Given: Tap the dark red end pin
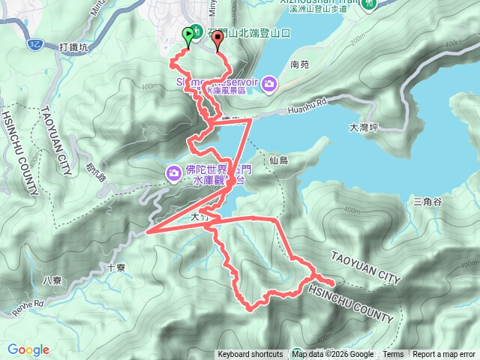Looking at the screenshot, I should tap(218, 40).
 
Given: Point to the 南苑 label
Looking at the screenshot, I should tap(298, 65).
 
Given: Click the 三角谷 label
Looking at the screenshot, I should tap(427, 202).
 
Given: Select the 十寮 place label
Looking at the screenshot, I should tap(117, 265).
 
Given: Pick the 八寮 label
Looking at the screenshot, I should tap(52, 280).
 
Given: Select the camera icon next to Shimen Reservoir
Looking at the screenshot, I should tap(269, 84).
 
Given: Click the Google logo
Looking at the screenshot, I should tap(28, 349).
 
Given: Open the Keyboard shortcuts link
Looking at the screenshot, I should tap(250, 355).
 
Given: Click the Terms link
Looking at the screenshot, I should tap(393, 355).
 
